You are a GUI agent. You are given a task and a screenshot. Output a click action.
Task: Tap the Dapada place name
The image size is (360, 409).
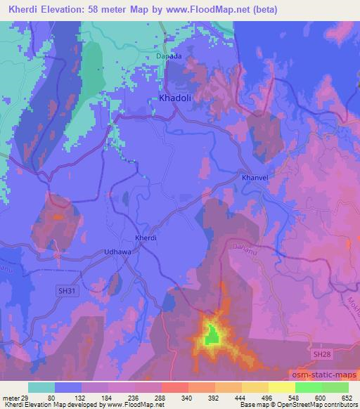[169, 56]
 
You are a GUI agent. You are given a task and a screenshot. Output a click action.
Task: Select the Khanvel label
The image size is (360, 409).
[255, 178]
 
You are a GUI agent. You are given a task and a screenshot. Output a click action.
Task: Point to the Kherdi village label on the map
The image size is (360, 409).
[146, 238]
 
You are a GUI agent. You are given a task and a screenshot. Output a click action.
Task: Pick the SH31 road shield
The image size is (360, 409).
[66, 290]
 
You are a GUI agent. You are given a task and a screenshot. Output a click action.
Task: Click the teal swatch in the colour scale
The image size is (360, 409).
[41, 387]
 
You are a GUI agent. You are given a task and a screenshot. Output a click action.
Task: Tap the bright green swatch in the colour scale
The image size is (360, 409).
[308, 387]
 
